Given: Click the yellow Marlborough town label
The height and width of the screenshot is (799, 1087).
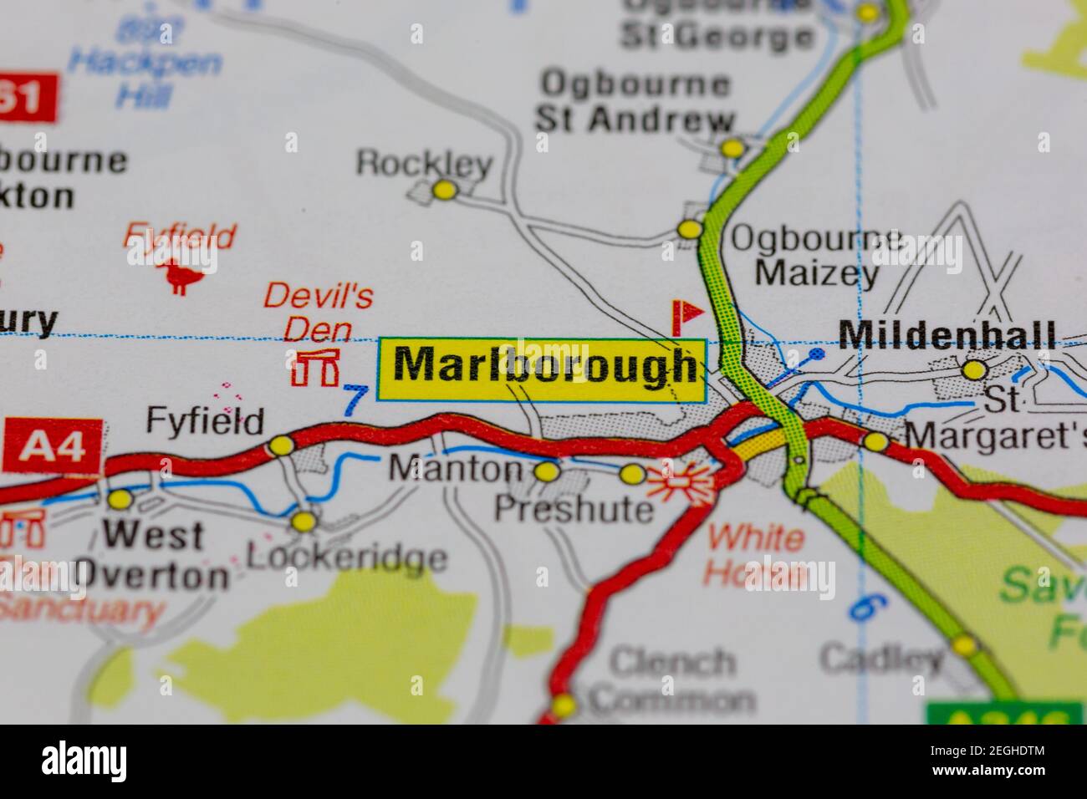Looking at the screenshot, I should click(x=543, y=369).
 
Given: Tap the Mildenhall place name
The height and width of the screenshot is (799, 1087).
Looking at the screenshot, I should click(x=947, y=335).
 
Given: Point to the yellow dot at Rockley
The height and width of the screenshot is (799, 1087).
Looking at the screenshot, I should click(x=445, y=191).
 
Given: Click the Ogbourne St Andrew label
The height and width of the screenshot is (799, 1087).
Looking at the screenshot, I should click(x=635, y=101).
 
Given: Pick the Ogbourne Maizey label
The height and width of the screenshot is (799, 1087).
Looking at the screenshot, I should click(x=817, y=256).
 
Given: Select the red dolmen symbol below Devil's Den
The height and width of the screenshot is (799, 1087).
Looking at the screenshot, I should click(x=315, y=368).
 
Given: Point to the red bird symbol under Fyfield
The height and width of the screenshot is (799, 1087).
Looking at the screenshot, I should click(x=179, y=275).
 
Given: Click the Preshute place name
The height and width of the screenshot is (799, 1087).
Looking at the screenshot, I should click(x=574, y=507).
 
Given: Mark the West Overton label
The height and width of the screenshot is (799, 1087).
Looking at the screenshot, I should click(x=152, y=555).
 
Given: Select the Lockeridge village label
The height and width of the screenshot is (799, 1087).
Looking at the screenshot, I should click(x=347, y=557).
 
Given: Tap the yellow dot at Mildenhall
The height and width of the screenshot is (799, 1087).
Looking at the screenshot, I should click(x=974, y=369).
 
